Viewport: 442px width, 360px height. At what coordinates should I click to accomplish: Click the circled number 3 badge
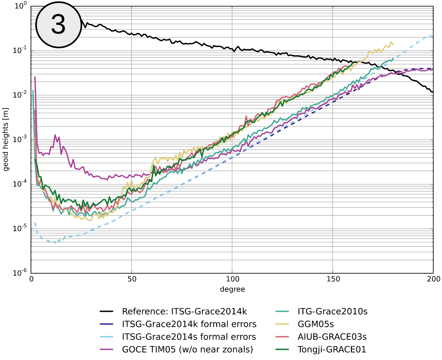click(59, 25)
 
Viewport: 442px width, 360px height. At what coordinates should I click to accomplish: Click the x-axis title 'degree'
click(232, 289)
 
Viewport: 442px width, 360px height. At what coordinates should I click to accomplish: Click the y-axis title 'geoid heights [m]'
click(6, 139)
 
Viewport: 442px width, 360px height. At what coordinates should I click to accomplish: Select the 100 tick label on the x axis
click(232, 279)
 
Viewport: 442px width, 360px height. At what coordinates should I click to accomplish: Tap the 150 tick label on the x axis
click(333, 279)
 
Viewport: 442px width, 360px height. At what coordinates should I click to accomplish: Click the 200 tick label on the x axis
click(434, 279)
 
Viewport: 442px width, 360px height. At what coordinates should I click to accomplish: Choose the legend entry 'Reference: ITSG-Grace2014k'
click(184, 311)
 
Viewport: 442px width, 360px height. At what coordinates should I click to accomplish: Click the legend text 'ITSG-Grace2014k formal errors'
click(189, 324)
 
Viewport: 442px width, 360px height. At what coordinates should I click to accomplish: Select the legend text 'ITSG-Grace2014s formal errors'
click(189, 337)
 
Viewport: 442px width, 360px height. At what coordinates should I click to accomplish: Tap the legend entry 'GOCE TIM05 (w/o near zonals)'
click(187, 349)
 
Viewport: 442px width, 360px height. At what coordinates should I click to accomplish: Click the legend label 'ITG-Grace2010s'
click(332, 311)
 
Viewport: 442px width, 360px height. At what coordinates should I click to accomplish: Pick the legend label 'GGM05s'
click(316, 324)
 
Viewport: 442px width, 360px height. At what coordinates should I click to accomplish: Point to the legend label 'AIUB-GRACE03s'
click(332, 337)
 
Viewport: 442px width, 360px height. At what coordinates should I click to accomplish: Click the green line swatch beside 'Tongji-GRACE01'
click(282, 349)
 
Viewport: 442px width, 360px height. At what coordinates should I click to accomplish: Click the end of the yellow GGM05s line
click(393, 44)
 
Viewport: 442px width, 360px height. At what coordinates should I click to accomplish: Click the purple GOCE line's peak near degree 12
click(55, 135)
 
